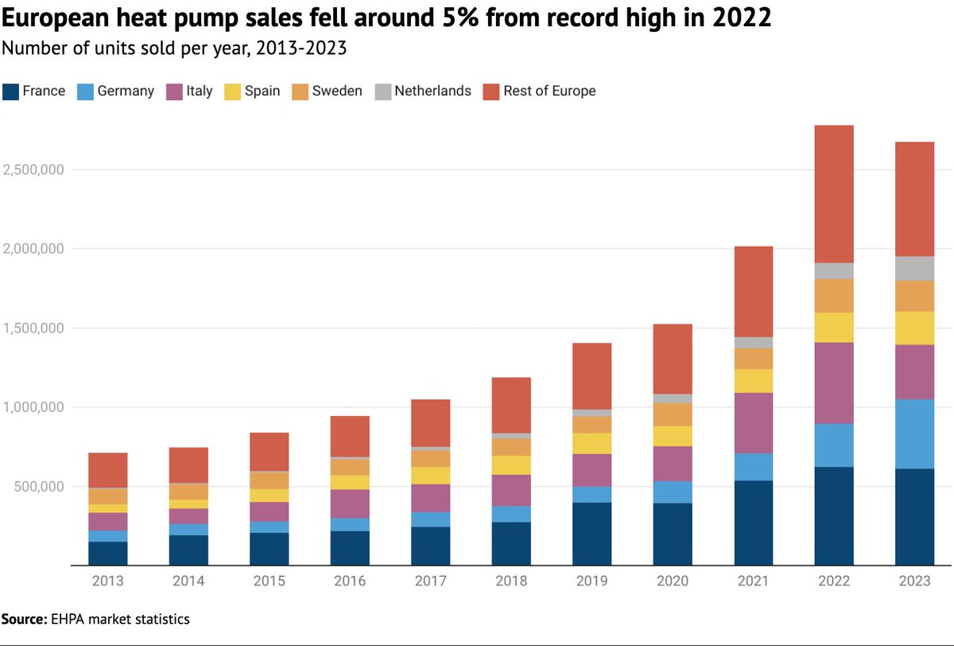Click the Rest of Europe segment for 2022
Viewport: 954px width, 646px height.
tap(834, 194)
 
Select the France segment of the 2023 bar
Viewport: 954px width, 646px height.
tap(914, 517)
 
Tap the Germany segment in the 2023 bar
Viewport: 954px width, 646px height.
tap(914, 434)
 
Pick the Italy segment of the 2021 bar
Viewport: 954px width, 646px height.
tap(753, 423)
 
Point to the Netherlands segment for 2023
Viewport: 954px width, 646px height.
tap(914, 268)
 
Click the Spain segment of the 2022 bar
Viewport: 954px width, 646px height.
tap(834, 328)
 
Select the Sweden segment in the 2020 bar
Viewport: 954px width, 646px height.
tap(673, 414)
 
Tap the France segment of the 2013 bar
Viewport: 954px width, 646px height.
tap(108, 553)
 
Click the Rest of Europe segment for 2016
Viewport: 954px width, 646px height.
tap(350, 436)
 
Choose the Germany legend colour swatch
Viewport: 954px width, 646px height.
tap(85, 91)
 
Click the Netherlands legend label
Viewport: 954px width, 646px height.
tap(432, 91)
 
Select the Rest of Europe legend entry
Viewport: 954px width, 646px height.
tap(549, 91)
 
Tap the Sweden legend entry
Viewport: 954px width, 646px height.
tap(337, 91)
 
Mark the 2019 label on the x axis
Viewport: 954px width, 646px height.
tap(591, 582)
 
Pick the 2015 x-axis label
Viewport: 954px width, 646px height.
tap(269, 582)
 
